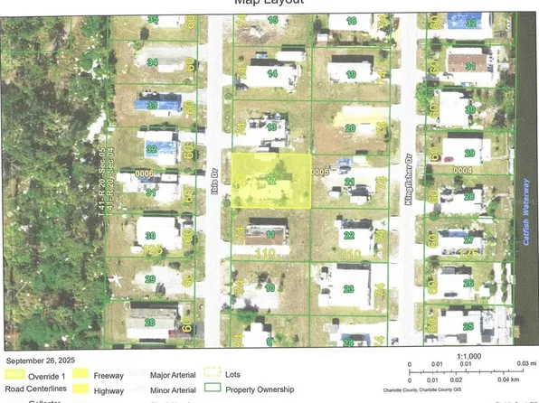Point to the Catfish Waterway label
[527, 237]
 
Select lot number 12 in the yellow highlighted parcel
[272, 182]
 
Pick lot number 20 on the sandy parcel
[349, 127]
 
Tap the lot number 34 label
[152, 62]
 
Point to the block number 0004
[462, 169]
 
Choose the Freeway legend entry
[109, 374]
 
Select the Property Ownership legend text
[261, 389]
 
